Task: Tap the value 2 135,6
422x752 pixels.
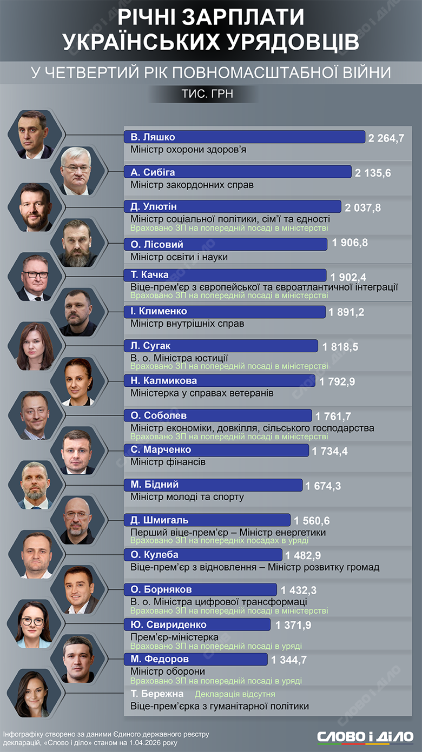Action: point(373,173)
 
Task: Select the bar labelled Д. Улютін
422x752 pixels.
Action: point(233,207)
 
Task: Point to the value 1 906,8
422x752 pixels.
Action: point(350,243)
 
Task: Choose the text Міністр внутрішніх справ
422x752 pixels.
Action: point(187,324)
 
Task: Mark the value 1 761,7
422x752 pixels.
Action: point(333,416)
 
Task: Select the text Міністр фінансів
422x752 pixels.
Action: point(168,462)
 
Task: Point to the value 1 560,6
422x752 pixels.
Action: point(312,521)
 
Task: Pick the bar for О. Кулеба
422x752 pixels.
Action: point(203,555)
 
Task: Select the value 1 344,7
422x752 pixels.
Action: point(289,660)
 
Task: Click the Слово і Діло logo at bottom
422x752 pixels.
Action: point(365,737)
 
